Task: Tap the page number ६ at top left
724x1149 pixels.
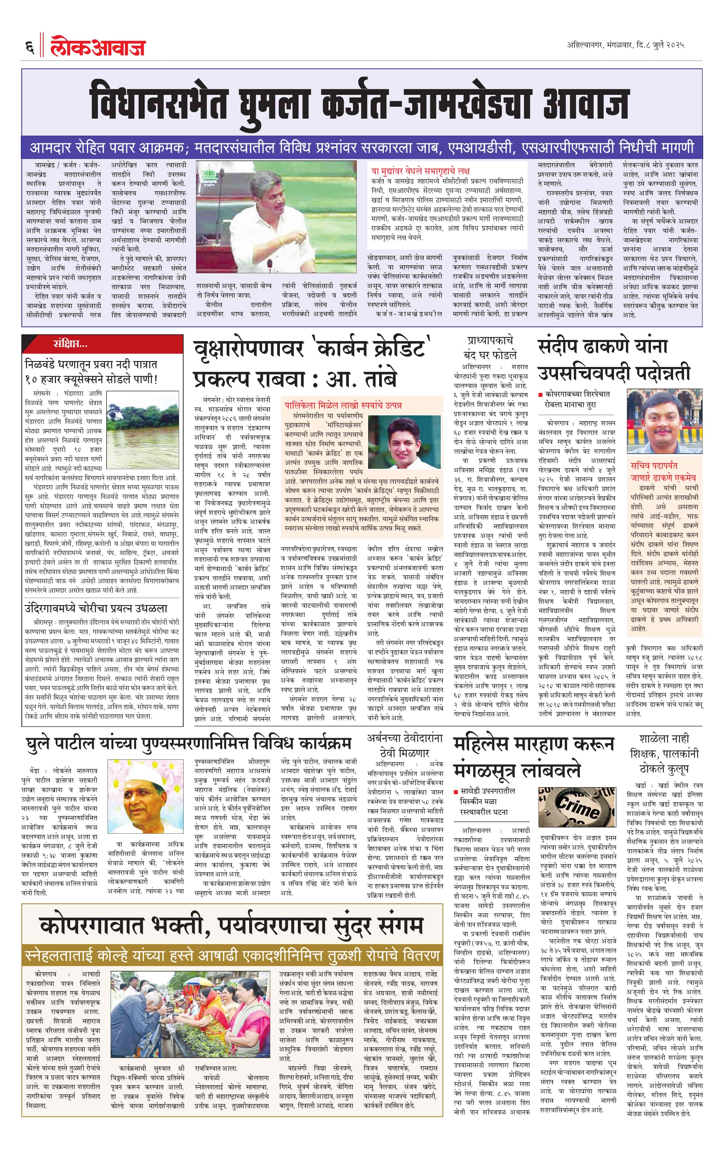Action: click(x=29, y=47)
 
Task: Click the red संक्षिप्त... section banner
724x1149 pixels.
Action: click(x=71, y=343)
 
